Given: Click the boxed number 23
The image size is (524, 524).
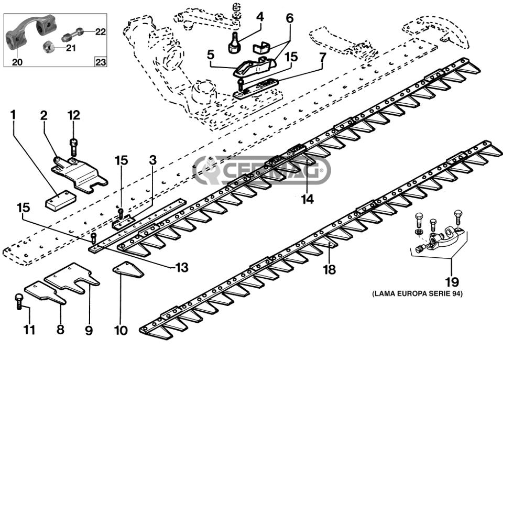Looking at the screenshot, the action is [101, 62].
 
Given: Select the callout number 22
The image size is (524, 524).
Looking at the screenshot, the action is [101, 32].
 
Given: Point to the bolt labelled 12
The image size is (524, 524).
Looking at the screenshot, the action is [73, 147].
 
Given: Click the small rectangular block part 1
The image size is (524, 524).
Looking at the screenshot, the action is [60, 201].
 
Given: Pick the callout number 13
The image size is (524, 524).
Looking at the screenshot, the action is [182, 267].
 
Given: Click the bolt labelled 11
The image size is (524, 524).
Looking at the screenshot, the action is [19, 301].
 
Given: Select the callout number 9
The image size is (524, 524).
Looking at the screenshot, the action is [89, 330].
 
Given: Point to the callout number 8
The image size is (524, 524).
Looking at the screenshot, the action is [60, 330].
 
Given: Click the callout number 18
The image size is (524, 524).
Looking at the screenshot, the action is [330, 269].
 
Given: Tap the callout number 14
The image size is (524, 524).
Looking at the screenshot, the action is [308, 199].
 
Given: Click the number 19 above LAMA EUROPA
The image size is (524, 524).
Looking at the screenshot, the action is [452, 282].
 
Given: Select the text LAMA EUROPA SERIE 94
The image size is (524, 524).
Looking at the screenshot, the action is [418, 294].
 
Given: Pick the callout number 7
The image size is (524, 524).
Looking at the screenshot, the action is [322, 58].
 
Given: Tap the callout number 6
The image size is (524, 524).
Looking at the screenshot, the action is [290, 18].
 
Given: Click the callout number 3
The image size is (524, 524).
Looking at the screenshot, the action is [152, 160].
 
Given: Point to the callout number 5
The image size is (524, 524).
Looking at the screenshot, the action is [211, 54].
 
